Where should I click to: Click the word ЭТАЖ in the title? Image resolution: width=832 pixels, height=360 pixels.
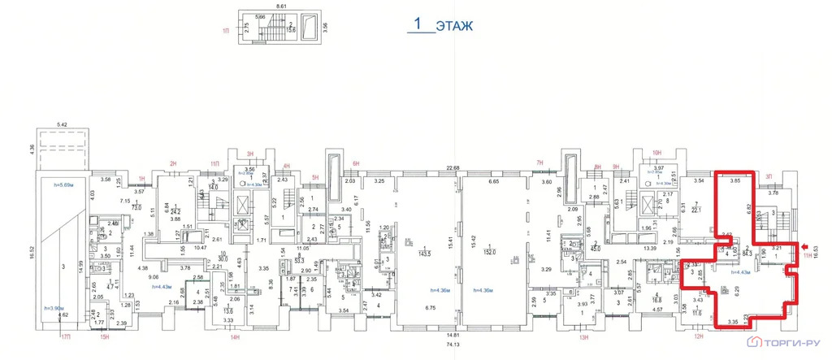[x=453, y=25]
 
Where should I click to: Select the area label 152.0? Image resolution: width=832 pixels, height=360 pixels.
[x=491, y=251]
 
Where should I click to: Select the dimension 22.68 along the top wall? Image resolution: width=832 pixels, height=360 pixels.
[x=452, y=168]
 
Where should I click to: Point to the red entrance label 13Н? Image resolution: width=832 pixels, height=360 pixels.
[x=582, y=336]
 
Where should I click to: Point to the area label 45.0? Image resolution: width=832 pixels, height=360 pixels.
[x=600, y=249]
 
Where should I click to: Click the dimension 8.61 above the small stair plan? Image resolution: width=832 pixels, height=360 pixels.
[x=281, y=6]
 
